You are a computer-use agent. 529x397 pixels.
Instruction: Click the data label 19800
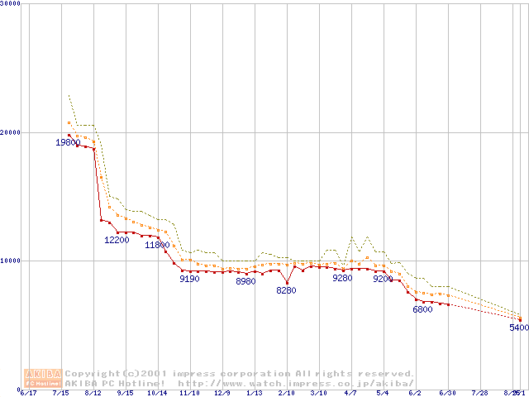[x=68, y=143]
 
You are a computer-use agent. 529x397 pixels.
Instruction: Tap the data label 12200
[x=117, y=240]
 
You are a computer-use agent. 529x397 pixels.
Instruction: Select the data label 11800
[x=157, y=245]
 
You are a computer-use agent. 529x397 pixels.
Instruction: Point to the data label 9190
[x=189, y=279]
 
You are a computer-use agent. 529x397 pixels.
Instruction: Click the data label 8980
[x=245, y=282]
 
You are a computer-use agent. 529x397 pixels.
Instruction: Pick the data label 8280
[x=286, y=290]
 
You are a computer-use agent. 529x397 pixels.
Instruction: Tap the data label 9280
[x=342, y=279]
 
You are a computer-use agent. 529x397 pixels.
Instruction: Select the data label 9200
[x=383, y=279]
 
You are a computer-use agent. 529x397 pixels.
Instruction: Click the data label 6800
[x=422, y=310]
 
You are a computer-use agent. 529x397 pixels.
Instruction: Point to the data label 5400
[x=518, y=328]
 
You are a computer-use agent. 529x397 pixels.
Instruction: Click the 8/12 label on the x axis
[x=93, y=393]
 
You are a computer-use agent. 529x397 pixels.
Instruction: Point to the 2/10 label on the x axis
[x=286, y=393]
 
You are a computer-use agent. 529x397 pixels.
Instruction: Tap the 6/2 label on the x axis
[x=415, y=393]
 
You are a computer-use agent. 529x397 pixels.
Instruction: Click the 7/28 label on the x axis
[x=479, y=393]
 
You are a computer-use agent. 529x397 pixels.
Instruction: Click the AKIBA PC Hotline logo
[x=44, y=378]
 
